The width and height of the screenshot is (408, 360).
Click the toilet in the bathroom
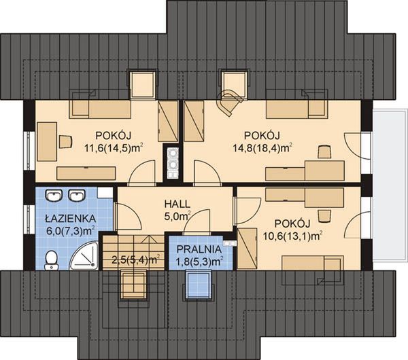[52, 259]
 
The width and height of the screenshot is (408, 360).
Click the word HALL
[177, 204]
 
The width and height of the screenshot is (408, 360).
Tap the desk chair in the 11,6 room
[65, 141]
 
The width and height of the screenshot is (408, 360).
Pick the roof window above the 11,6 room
[143, 84]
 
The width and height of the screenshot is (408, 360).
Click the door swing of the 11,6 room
[141, 174]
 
